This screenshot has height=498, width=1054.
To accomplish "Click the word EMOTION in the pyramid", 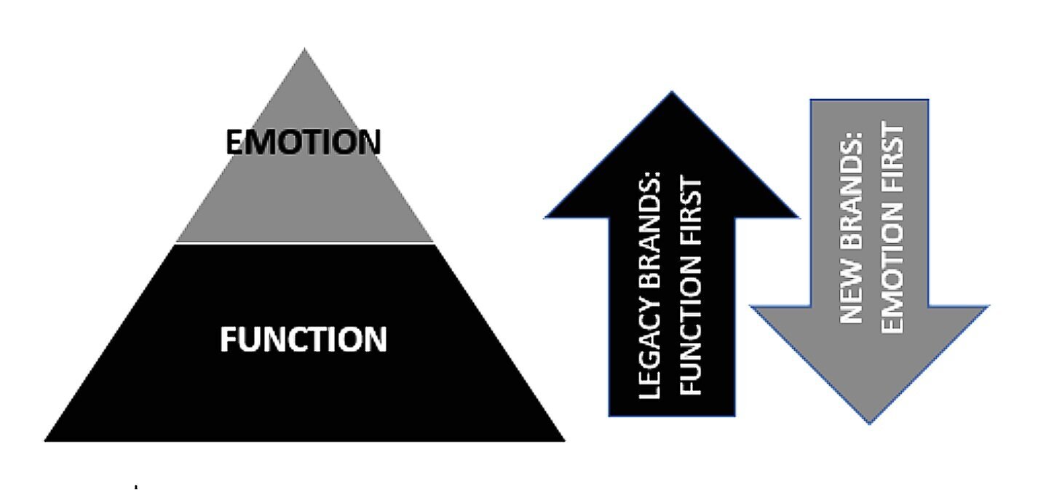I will pyautogui.click(x=303, y=142).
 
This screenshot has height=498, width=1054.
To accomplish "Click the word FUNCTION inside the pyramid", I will pyautogui.click(x=303, y=339).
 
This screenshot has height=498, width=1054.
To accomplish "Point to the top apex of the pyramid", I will pyautogui.click(x=304, y=50).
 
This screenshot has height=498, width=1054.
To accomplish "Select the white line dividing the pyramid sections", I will pyautogui.click(x=304, y=242).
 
